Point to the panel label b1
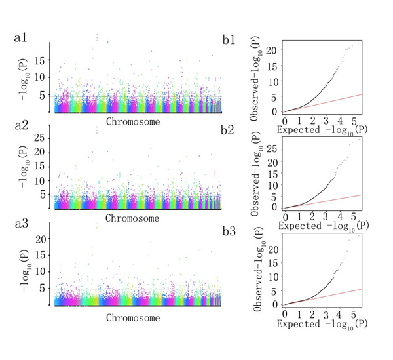point(229,40)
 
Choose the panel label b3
point(229,231)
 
